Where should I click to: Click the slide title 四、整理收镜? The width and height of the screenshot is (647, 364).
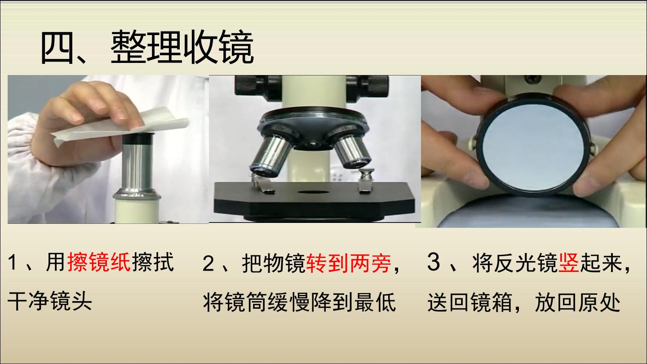(x=147, y=48)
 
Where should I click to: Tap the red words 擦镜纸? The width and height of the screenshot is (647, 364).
(x=99, y=262)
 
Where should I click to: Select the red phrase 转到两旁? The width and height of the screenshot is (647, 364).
(x=349, y=263)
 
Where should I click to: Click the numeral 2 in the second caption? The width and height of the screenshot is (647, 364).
(x=208, y=263)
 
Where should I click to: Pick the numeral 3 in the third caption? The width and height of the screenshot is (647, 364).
(x=433, y=262)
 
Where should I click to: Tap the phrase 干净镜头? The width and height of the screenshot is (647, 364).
(x=50, y=301)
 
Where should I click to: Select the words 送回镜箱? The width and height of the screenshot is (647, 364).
(x=470, y=302)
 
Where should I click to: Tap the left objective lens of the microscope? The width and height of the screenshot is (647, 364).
(x=270, y=156)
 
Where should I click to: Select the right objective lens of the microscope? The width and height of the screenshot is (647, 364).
(x=352, y=152)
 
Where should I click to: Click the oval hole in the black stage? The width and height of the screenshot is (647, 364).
(x=314, y=192)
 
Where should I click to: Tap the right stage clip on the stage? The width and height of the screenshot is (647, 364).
(x=365, y=182)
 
